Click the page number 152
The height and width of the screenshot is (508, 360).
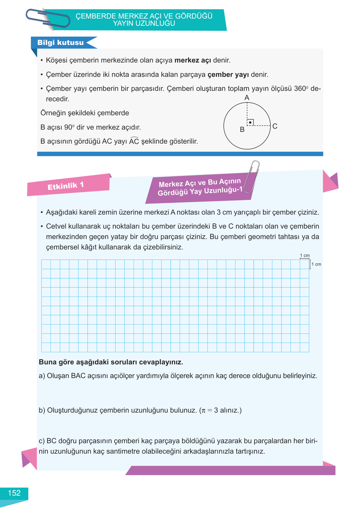pos(14,493)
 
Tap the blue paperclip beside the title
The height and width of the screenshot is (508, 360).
pos(48,19)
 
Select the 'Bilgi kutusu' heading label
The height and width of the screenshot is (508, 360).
pos(61,43)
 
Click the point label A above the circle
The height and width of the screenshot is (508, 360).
pos(247,98)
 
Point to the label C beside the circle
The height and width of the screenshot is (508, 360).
pos(275,126)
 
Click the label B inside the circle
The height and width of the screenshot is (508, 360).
pos(242,130)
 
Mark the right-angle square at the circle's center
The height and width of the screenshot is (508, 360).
pos(250,122)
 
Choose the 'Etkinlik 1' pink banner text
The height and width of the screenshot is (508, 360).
pos(66,186)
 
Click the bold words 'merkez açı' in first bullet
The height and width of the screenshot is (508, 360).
pos(193,60)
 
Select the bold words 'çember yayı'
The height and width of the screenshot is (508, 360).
pos(228,75)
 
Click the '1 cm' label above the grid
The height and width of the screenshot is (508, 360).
pos(305,256)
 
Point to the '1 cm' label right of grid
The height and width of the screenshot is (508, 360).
pos(316,264)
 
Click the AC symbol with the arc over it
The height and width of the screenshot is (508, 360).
pos(134,141)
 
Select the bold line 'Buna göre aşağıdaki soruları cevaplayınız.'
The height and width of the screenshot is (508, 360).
pos(111,362)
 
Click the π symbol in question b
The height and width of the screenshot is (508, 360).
pos(203,411)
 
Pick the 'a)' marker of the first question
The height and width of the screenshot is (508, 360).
pos(42,376)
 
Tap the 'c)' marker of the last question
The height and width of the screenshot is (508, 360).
pos(42,441)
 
